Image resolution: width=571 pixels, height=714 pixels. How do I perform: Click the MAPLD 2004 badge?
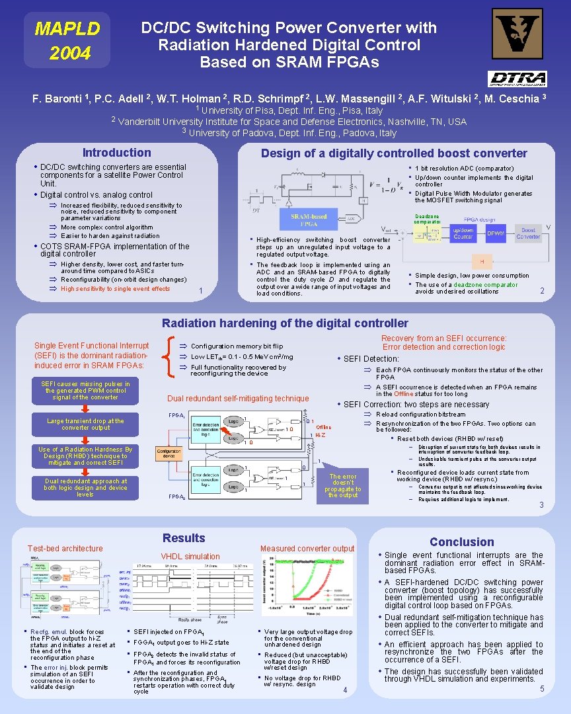[x=67, y=40]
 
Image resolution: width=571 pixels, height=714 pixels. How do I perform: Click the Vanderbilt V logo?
[x=517, y=34]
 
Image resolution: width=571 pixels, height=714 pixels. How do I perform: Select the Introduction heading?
[x=116, y=153]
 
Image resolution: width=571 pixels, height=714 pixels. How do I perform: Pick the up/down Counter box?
[x=463, y=233]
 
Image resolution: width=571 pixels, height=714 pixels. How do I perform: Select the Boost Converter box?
[x=528, y=233]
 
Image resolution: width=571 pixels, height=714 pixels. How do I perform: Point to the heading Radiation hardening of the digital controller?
[x=285, y=323]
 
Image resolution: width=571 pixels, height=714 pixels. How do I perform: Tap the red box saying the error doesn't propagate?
[x=343, y=485]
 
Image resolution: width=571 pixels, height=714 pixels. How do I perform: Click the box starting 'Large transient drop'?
[x=85, y=424]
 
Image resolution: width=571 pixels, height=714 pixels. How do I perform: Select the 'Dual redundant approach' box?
[x=85, y=488]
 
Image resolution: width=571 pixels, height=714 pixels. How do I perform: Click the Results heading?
[x=184, y=538]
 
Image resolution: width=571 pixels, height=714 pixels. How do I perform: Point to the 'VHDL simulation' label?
[x=190, y=557]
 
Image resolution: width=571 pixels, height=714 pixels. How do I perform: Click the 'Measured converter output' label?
[x=307, y=549]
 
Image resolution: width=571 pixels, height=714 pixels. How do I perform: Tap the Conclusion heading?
[x=461, y=542]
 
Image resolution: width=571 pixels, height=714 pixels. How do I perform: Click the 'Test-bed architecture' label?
[x=65, y=548]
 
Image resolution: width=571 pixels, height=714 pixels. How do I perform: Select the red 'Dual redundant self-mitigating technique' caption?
[x=238, y=399]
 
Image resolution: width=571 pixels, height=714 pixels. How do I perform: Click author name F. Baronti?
[x=60, y=99]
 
